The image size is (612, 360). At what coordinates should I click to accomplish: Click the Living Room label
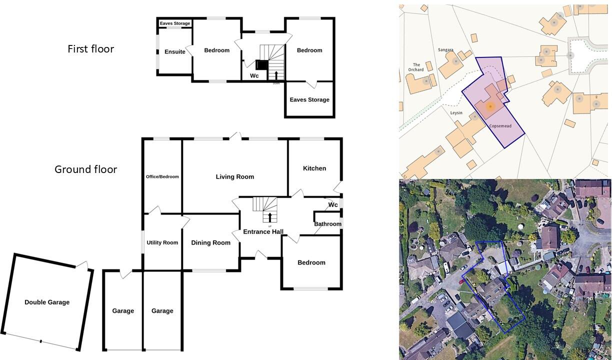click(x=234, y=176)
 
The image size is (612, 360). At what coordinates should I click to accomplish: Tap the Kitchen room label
click(x=314, y=168)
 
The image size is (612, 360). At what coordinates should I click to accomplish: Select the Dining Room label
click(x=210, y=243)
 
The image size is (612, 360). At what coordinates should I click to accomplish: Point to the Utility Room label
click(x=162, y=243)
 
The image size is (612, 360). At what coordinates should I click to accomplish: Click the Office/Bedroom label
click(x=162, y=176)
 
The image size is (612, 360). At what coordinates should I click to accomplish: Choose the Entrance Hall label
click(x=263, y=232)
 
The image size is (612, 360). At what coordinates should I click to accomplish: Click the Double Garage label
click(x=47, y=302)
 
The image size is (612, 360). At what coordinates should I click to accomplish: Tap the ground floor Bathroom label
click(x=327, y=224)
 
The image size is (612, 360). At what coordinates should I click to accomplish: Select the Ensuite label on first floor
click(x=174, y=52)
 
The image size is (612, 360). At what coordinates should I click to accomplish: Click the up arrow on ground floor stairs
click(x=270, y=217)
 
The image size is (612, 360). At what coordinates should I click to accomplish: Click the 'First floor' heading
click(x=90, y=49)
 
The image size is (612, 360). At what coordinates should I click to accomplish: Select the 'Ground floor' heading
click(x=85, y=169)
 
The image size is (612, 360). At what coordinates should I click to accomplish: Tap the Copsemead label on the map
click(x=500, y=126)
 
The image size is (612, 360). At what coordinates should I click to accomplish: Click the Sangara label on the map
click(x=445, y=50)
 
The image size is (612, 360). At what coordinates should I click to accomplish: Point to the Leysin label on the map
click(x=456, y=113)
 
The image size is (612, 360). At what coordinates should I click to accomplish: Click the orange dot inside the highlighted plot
click(x=490, y=106)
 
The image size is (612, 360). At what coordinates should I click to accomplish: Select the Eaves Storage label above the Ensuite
click(x=174, y=23)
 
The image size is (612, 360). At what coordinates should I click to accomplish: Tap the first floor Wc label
click(x=254, y=76)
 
